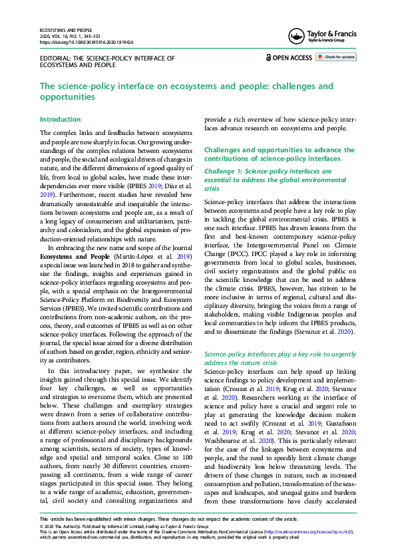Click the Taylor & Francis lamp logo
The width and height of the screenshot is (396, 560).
(297, 37)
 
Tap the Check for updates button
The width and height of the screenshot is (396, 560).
(336, 57)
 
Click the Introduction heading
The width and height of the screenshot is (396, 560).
(60, 120)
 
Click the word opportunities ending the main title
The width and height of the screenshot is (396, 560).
(67, 97)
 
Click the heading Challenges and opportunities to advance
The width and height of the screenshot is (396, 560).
(279, 150)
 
